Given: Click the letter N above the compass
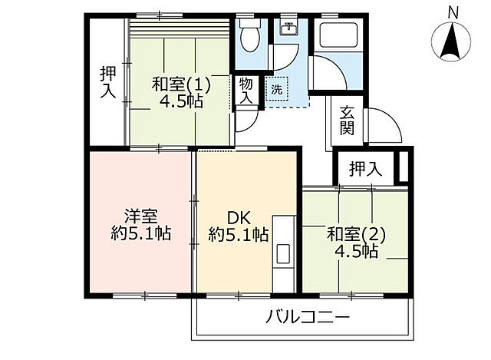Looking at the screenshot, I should (454, 12).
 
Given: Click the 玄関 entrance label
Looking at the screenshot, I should (347, 121).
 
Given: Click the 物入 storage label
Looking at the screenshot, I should (245, 91).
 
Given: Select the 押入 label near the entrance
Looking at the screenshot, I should (365, 169).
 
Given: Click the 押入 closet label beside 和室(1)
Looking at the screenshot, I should (107, 81).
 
